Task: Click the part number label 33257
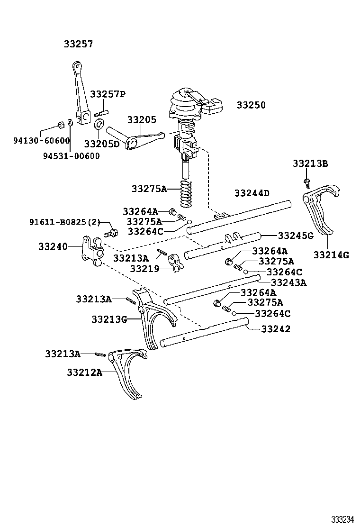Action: (x=78, y=44)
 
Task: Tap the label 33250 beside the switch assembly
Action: (x=251, y=105)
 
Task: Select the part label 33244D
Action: (x=252, y=193)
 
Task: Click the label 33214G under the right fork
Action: (x=331, y=255)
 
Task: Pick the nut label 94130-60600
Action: (x=41, y=140)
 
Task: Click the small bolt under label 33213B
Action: (x=306, y=181)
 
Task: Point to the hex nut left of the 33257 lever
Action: (x=60, y=125)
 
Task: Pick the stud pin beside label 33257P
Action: (x=101, y=113)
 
